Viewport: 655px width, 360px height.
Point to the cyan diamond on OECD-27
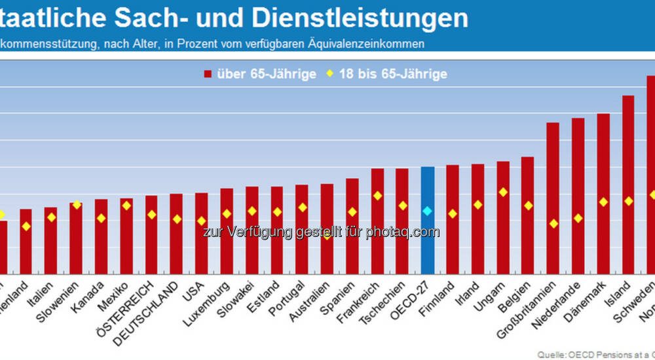pyautogui.click(x=427, y=211)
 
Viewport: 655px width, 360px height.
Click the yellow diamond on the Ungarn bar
pyautogui.click(x=503, y=192)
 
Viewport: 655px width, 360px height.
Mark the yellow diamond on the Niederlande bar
pyautogui.click(x=578, y=218)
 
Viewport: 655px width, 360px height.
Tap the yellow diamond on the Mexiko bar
pyautogui.click(x=126, y=206)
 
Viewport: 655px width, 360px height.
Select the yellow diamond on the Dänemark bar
pyautogui.click(x=603, y=202)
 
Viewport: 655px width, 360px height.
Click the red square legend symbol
pyautogui.click(x=208, y=74)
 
